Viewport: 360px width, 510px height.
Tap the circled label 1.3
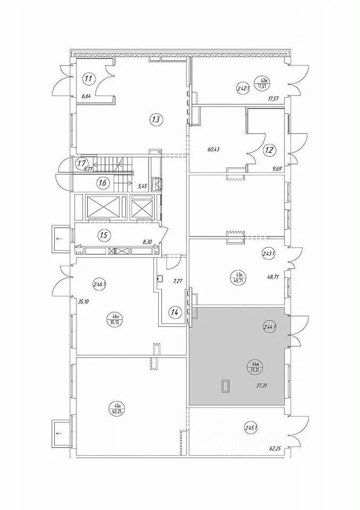pos(156,120)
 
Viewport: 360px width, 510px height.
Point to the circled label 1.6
pos(104,183)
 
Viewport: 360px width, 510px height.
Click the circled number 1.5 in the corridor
pos(104,234)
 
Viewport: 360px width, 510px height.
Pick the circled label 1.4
pos(174,312)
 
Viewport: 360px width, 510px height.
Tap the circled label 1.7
pos(81,163)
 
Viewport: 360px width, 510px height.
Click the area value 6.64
pos(85,97)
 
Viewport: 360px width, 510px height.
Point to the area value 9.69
pos(276,169)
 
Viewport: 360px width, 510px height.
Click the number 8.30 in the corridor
pos(147,241)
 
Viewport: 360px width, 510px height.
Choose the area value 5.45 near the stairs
pos(142,186)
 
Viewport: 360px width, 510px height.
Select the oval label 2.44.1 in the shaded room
pos(270,327)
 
